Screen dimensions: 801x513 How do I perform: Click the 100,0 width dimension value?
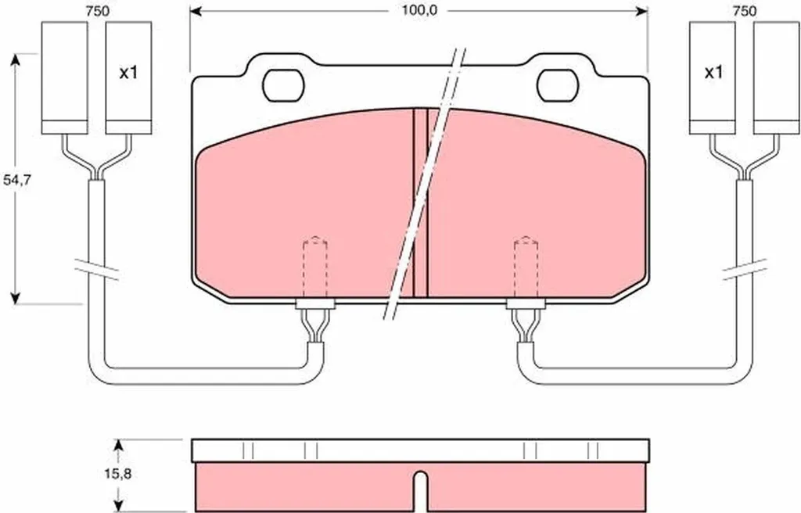[419, 10]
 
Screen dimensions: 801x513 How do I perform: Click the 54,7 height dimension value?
[17, 180]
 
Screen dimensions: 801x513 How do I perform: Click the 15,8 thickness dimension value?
[118, 474]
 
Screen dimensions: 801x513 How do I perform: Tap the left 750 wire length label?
[97, 11]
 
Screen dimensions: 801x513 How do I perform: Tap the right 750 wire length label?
[745, 11]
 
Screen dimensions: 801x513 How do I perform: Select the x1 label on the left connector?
[128, 73]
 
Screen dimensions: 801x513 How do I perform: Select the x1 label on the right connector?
[713, 73]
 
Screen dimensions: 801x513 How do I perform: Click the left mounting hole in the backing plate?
[283, 84]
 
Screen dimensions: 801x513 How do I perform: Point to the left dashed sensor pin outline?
[315, 267]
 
